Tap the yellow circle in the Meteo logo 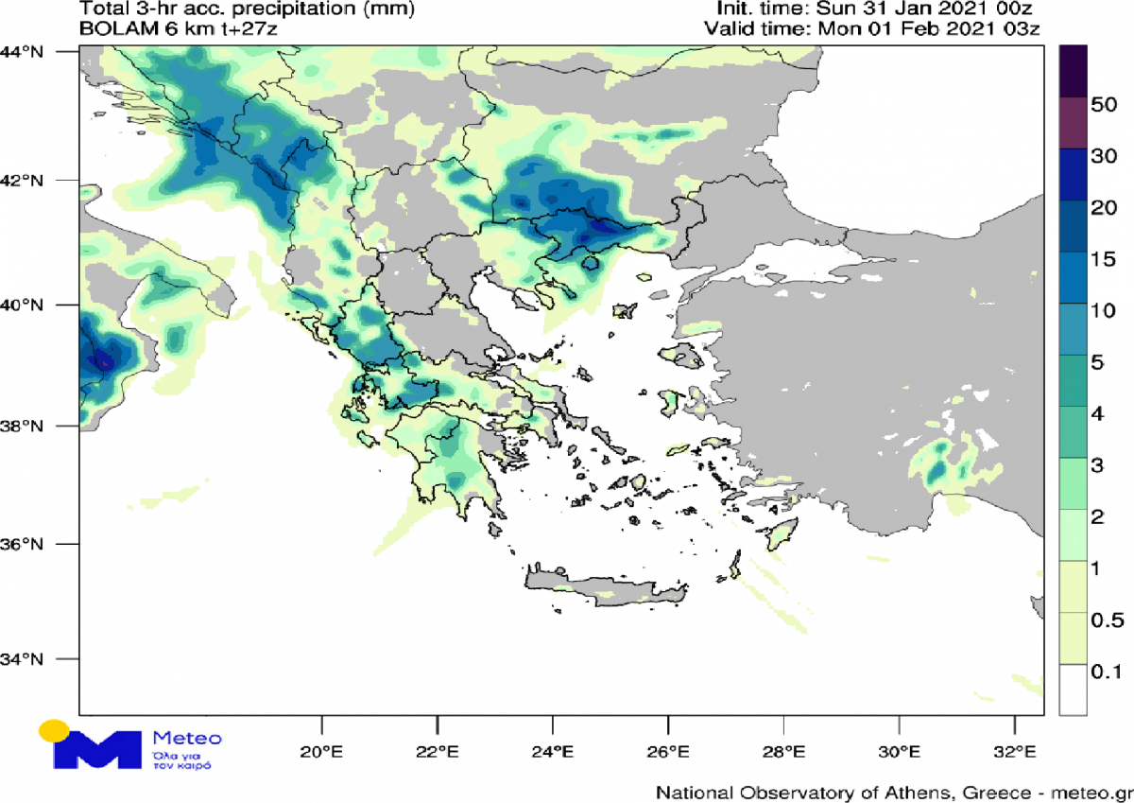pos(54,731)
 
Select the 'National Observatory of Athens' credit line pos(894,791)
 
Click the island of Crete pos(605,586)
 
